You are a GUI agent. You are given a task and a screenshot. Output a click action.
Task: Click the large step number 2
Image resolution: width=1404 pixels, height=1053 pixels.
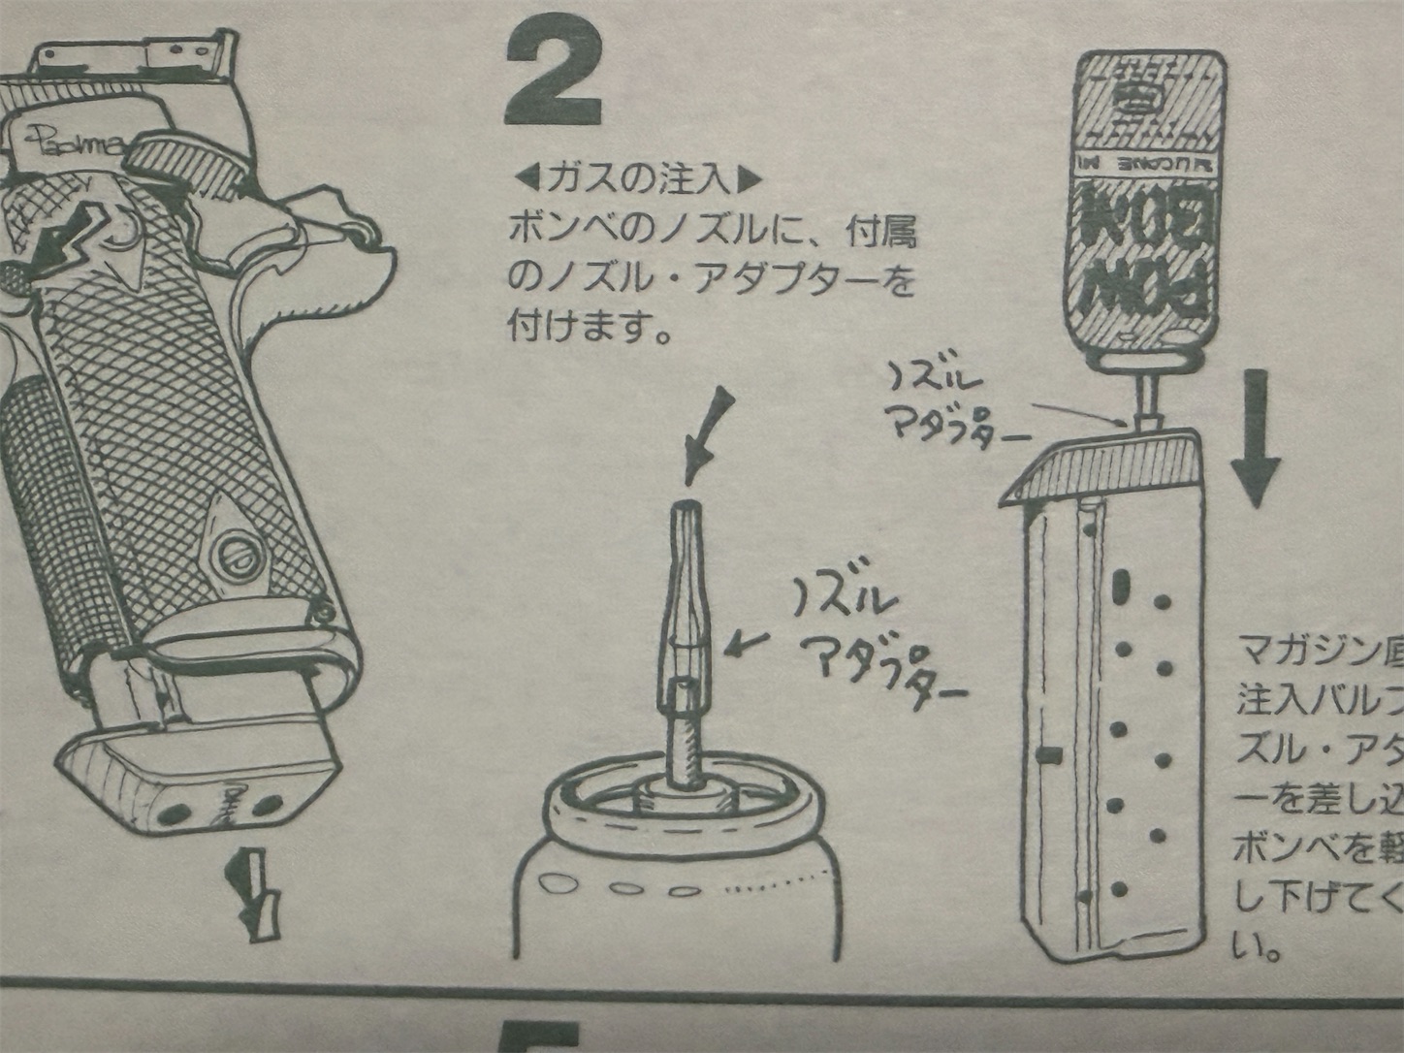[552, 76]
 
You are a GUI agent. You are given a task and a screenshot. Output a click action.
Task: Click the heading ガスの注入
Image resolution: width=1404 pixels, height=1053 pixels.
[636, 179]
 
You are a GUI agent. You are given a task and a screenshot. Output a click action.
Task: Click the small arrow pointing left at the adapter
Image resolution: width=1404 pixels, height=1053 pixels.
[747, 641]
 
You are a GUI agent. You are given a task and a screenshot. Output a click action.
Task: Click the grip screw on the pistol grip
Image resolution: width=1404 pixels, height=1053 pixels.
[238, 555]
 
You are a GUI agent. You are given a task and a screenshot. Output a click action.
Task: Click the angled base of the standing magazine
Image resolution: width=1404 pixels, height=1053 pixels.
[1105, 464]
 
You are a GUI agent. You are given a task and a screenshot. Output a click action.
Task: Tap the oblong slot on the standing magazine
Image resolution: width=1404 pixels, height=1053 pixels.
[1124, 582]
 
